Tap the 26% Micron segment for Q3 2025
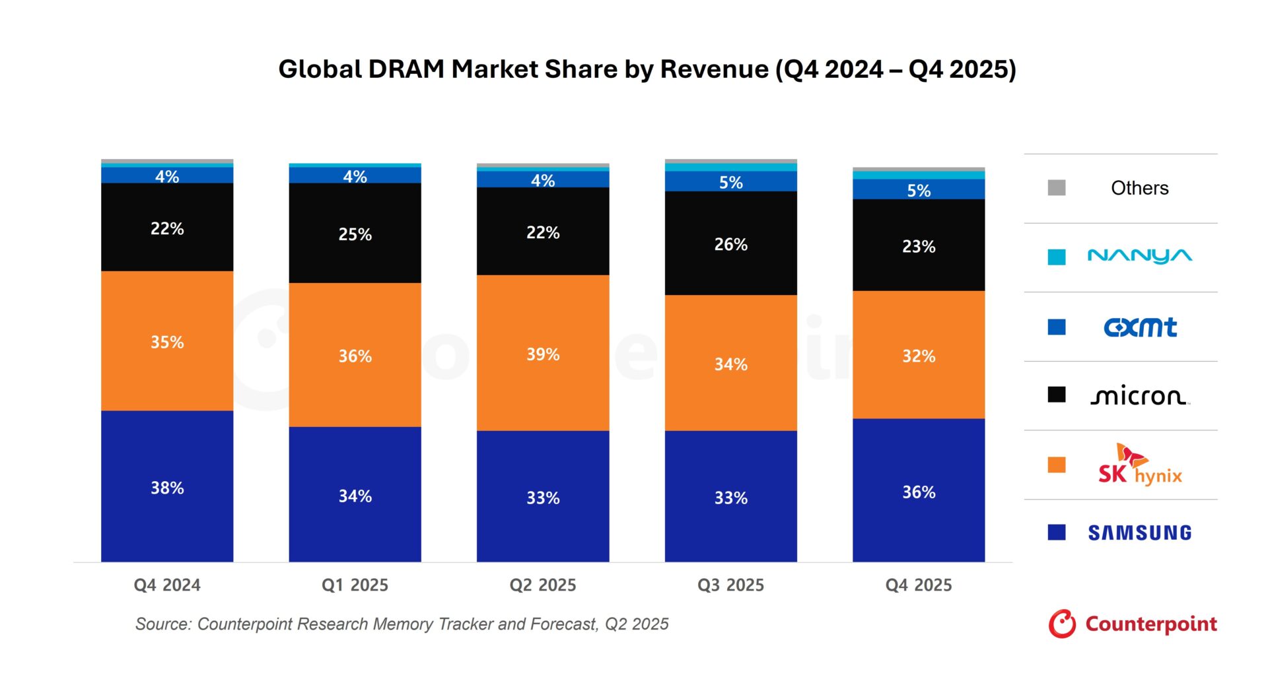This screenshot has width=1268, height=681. click(x=730, y=243)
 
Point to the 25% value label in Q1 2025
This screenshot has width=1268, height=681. click(x=355, y=234)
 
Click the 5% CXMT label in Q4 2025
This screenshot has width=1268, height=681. click(x=919, y=191)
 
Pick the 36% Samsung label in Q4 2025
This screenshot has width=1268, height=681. click(x=919, y=492)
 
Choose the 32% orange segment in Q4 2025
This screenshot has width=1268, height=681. click(x=919, y=355)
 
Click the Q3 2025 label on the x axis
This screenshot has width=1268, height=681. click(x=730, y=585)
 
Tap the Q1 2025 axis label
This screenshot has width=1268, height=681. click(x=355, y=585)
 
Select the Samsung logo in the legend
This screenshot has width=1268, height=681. click(x=1139, y=533)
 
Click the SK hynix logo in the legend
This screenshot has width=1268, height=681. click(x=1139, y=466)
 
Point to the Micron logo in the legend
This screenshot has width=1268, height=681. click(x=1139, y=396)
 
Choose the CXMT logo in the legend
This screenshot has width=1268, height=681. click(x=1139, y=327)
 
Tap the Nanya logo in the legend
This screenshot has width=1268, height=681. click(x=1139, y=256)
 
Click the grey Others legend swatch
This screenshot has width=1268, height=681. click(x=1057, y=188)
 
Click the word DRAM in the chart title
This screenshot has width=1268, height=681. click(x=406, y=69)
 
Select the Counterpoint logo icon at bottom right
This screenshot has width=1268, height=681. click(x=1062, y=624)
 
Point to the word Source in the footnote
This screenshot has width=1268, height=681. click(x=162, y=624)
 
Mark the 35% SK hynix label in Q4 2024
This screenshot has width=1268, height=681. click(x=167, y=342)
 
